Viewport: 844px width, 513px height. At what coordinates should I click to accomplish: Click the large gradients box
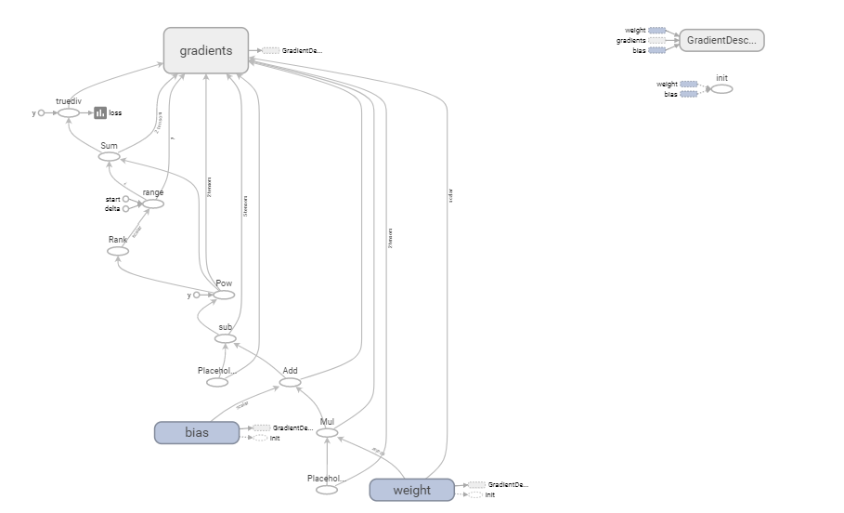pos(206,50)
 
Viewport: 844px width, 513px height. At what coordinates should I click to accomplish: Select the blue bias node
pos(197,432)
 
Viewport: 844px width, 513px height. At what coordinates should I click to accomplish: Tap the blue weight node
pos(412,490)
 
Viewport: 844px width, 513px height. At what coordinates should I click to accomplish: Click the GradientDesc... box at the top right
pos(721,40)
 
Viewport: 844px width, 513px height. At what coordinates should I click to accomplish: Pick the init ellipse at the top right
pos(721,88)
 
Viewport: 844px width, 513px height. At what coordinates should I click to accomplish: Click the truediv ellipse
pos(69,112)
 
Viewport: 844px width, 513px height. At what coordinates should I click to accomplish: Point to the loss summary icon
pos(100,112)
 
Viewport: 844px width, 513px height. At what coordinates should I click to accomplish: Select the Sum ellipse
pos(109,156)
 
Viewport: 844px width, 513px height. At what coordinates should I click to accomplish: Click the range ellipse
pos(152,204)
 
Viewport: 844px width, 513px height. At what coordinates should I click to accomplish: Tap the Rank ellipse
pos(118,251)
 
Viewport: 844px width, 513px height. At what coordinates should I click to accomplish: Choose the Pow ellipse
pos(224,295)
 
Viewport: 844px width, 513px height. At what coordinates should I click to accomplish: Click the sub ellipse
pos(226,338)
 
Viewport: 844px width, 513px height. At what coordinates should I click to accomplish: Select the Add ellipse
pos(290,382)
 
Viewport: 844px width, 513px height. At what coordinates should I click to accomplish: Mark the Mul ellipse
pos(327,433)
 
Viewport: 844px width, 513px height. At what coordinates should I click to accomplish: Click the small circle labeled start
pos(126,199)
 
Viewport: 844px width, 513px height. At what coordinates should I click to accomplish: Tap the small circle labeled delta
pos(126,209)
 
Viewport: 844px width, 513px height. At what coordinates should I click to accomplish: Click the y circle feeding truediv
pos(41,112)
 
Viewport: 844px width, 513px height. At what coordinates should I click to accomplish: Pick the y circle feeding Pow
pos(196,295)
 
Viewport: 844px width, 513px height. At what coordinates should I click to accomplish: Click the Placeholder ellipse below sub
pos(217,382)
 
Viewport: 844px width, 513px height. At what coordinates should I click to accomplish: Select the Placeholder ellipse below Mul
pos(327,490)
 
